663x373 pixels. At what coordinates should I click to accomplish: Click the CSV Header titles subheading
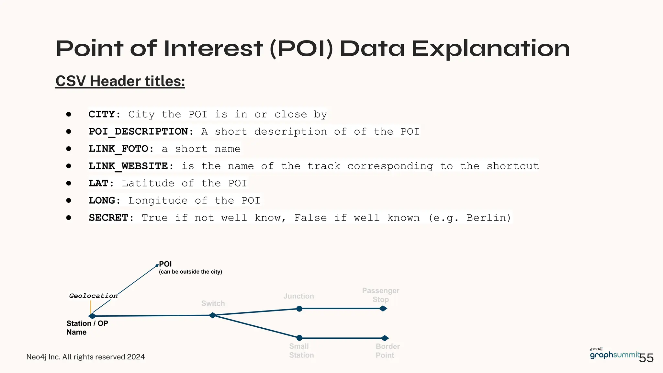point(120,81)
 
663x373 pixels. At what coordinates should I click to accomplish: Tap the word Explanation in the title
point(490,49)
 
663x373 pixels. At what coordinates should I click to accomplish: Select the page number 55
point(646,358)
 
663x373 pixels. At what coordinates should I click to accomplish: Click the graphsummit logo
point(614,354)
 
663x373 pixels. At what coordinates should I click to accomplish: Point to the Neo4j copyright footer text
point(85,357)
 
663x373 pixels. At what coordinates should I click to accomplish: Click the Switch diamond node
point(213,315)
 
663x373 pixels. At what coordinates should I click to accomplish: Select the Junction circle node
point(299,309)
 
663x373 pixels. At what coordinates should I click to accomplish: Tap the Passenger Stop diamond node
point(383,309)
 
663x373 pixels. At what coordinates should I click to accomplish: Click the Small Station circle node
point(299,338)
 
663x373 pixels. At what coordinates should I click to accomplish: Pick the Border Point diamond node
point(385,338)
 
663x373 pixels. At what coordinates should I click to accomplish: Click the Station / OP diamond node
point(92,316)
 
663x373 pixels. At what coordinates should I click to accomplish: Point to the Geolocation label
point(93,296)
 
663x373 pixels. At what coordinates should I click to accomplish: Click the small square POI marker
point(157,266)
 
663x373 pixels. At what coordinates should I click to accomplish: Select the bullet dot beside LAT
point(69,183)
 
